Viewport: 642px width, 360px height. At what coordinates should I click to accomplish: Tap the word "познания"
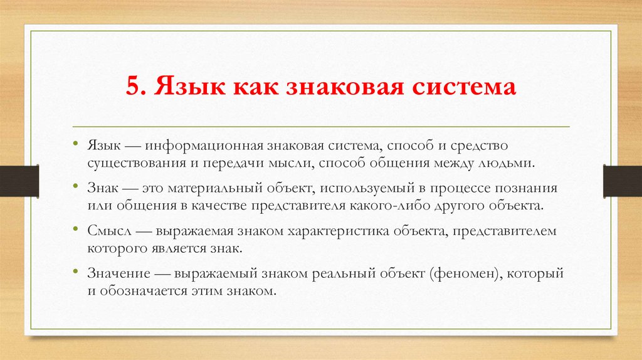tap(529, 188)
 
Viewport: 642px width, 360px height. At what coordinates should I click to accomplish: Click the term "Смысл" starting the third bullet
tap(107, 231)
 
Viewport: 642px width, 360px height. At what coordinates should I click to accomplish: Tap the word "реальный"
tap(344, 273)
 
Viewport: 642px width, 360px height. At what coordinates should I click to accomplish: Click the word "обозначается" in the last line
tap(137, 291)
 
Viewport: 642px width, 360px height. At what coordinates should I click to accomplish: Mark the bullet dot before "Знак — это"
tap(76, 188)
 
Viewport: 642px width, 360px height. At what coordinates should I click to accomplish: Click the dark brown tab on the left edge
tap(19, 181)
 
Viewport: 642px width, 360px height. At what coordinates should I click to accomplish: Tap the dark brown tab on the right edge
tap(622, 181)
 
